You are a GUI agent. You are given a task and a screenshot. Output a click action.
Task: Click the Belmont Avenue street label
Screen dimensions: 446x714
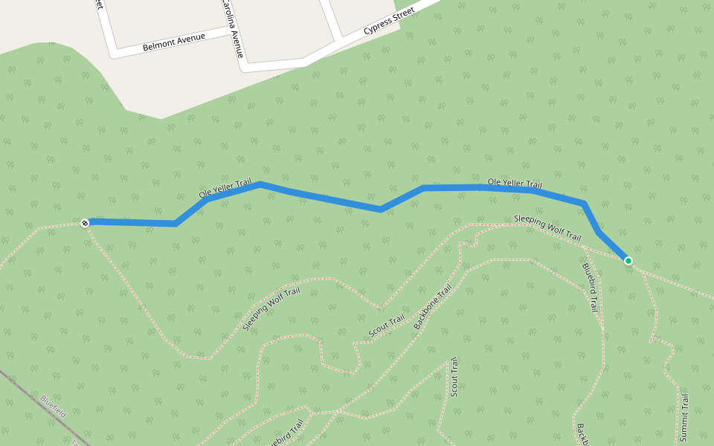coord(173,42)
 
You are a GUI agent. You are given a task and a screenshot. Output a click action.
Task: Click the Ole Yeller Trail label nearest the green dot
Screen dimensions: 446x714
coord(515,183)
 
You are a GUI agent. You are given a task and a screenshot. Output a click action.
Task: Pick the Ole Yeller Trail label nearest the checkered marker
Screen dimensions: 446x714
coord(225,187)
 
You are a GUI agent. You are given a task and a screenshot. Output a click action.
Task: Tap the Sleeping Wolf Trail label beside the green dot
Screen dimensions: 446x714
coord(547,227)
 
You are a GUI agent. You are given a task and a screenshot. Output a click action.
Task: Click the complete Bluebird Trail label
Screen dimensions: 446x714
coord(591,287)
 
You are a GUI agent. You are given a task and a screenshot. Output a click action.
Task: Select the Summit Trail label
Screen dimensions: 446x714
coord(684,418)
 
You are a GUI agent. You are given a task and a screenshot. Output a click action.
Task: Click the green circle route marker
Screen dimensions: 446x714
coord(628,261)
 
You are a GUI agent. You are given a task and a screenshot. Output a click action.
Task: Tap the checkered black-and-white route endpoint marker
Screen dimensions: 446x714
coord(85,222)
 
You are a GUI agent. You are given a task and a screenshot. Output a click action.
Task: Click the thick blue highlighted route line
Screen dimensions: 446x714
coord(320,197)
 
